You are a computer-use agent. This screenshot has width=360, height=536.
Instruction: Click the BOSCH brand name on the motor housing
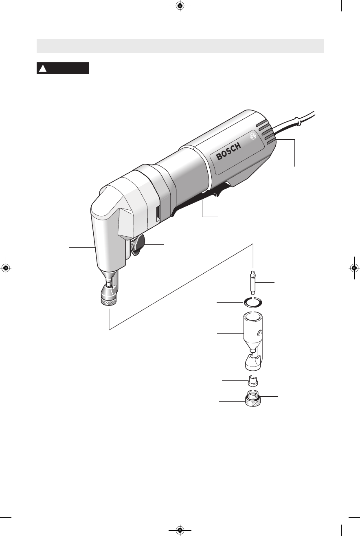click(x=228, y=151)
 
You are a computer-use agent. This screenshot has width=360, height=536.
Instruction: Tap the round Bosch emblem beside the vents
click(x=253, y=136)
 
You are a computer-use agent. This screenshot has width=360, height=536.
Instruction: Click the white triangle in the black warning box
click(x=43, y=68)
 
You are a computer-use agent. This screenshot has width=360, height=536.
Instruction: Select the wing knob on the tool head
click(x=138, y=245)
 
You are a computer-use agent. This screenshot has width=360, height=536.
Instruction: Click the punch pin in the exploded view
click(x=253, y=283)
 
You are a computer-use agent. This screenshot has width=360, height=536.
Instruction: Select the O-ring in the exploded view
click(x=253, y=303)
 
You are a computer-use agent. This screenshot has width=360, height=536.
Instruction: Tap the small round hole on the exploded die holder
click(x=261, y=333)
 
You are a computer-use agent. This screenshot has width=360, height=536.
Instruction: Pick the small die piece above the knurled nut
click(x=252, y=380)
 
